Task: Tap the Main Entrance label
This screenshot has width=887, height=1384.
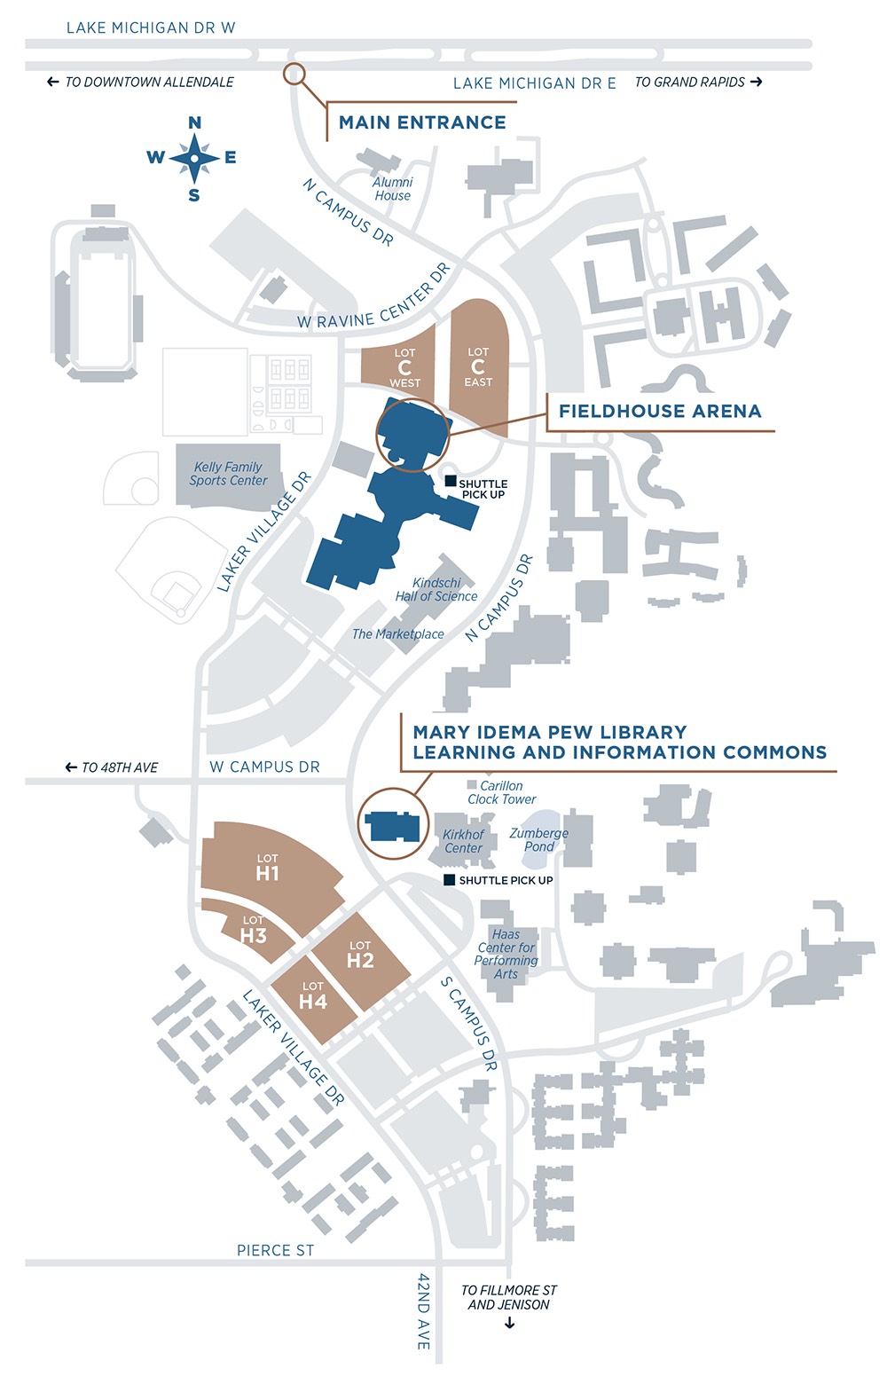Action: click(x=422, y=122)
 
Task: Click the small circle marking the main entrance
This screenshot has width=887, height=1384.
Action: click(x=294, y=74)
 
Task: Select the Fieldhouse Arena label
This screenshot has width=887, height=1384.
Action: click(x=659, y=411)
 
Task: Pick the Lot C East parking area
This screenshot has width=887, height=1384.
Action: click(x=478, y=366)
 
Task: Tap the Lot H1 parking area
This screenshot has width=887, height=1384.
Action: click(x=267, y=868)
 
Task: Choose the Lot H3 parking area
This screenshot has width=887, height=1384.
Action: click(x=253, y=931)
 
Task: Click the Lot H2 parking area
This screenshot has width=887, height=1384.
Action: click(x=360, y=955)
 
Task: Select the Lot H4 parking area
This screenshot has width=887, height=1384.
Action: click(x=312, y=997)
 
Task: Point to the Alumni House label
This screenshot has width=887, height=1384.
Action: click(x=392, y=189)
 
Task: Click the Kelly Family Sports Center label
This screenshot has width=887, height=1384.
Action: click(x=228, y=474)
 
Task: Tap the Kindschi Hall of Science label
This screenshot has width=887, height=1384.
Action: click(x=436, y=590)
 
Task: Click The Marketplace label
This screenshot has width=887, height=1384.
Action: click(x=397, y=634)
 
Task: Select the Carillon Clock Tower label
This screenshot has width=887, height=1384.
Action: click(x=501, y=792)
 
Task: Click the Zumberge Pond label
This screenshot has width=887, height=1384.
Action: click(x=538, y=839)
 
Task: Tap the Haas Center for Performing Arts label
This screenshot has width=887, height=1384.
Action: click(x=506, y=954)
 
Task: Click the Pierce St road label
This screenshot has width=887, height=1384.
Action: click(x=275, y=1250)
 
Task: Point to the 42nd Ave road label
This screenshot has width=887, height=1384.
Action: click(x=424, y=1311)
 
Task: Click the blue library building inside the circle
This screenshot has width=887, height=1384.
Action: click(x=393, y=825)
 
